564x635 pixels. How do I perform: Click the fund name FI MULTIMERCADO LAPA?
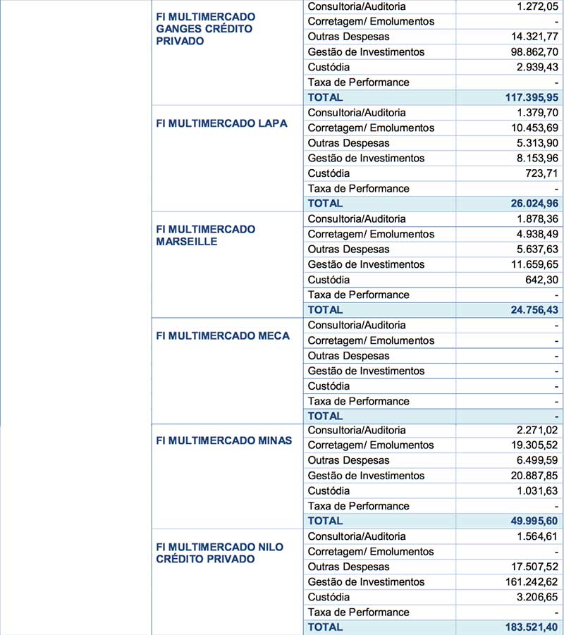click(221, 123)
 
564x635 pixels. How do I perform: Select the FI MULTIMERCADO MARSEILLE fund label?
click(205, 235)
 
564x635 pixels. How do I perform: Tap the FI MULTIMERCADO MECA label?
click(223, 336)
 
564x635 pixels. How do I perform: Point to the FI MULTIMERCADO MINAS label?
click(223, 441)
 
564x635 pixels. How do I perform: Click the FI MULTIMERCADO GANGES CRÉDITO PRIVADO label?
click(205, 29)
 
